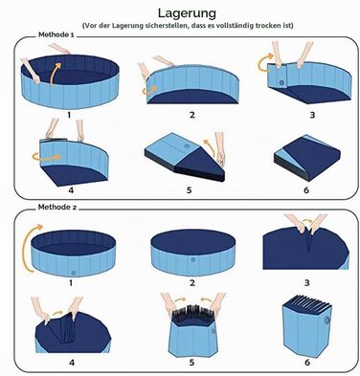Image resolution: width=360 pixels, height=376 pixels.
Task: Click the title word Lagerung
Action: [x=187, y=13]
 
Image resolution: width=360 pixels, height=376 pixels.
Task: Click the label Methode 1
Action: [x=56, y=34]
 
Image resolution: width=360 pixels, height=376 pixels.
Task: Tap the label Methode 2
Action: [x=57, y=208]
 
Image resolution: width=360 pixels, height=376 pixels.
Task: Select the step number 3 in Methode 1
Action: [x=312, y=115]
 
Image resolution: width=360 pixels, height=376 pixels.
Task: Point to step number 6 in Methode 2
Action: [x=307, y=363]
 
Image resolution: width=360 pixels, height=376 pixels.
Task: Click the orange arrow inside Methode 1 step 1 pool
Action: [x=55, y=75]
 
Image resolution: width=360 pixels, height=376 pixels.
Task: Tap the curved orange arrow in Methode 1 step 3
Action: [x=265, y=62]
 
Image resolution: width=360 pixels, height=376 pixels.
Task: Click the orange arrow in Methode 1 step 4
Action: [x=46, y=157]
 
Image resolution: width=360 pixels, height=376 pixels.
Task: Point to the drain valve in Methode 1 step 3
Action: [x=281, y=82]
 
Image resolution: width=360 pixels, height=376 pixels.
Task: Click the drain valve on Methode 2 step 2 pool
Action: [x=192, y=260]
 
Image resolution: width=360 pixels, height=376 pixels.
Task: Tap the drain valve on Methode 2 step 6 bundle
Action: [x=326, y=321]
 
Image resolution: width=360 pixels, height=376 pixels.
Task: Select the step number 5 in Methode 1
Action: [x=189, y=190]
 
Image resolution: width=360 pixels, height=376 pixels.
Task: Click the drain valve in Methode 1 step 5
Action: [x=188, y=146]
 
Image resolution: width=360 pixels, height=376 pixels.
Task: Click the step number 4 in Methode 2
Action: [x=72, y=363]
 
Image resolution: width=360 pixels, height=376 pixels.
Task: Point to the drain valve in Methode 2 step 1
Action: [x=74, y=274]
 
